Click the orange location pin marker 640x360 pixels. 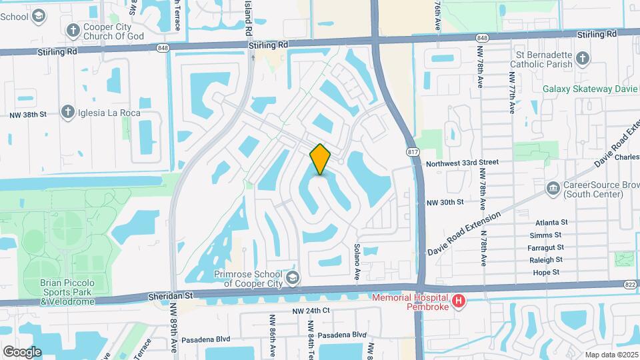321,159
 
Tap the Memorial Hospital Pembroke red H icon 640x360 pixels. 458,302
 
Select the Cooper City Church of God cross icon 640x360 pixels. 73,30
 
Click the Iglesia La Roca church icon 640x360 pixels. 67,113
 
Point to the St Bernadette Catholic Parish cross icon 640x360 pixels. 582,59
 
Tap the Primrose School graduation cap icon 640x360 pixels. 291,277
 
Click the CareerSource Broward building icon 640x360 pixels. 552,189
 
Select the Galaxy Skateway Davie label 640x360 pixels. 590,89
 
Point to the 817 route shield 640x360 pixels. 414,153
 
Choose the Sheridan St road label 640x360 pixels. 170,295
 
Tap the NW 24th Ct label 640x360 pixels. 311,311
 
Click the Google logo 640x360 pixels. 22,351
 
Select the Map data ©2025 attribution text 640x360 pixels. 611,355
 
